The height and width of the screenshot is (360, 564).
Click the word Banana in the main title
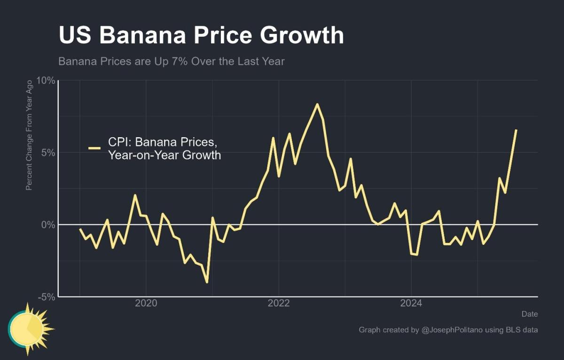pyautogui.click(x=144, y=36)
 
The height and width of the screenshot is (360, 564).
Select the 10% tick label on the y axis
pyautogui.click(x=46, y=81)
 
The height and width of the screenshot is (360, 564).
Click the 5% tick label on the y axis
pyautogui.click(x=48, y=153)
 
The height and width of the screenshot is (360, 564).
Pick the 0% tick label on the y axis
pyautogui.click(x=48, y=225)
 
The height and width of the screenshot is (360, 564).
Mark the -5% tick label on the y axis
pyautogui.click(x=47, y=297)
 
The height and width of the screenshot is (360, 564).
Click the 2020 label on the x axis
pyautogui.click(x=146, y=303)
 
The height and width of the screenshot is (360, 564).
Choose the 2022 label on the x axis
pyautogui.click(x=279, y=303)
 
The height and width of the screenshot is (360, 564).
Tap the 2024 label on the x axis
pyautogui.click(x=411, y=303)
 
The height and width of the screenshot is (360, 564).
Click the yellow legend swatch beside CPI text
pyautogui.click(x=94, y=148)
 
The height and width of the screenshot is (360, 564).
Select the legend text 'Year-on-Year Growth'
pyautogui.click(x=164, y=155)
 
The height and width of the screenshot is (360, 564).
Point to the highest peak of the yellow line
pyautogui.click(x=317, y=104)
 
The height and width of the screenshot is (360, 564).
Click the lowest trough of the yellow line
pyautogui.click(x=207, y=282)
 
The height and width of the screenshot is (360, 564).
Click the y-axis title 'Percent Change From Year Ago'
pyautogui.click(x=29, y=135)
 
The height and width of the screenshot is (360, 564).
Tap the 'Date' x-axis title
pyautogui.click(x=529, y=314)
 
